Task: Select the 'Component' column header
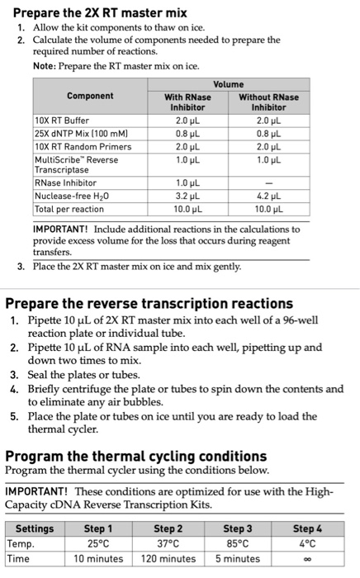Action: click(x=90, y=97)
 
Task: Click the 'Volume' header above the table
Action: click(x=228, y=84)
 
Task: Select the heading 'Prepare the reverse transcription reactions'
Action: click(x=149, y=303)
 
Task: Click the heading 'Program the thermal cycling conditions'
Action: click(x=136, y=455)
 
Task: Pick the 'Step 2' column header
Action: click(x=168, y=528)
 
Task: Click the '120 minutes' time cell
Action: click(x=168, y=559)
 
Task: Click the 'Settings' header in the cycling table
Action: click(x=35, y=528)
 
